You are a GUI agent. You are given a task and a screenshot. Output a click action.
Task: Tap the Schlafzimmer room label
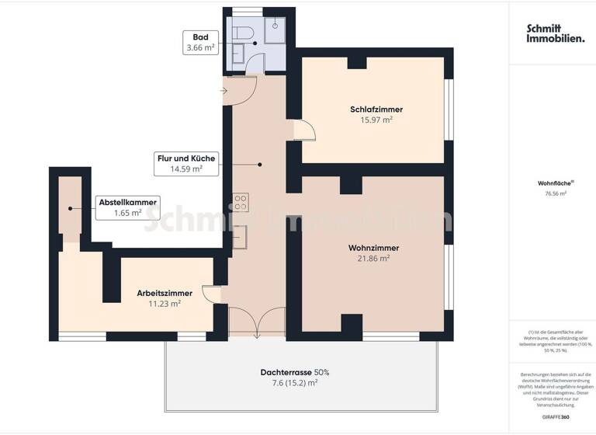point(376,110)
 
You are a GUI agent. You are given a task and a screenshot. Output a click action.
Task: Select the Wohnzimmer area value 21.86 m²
point(374,259)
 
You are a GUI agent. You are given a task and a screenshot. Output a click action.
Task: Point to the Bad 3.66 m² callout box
point(199,42)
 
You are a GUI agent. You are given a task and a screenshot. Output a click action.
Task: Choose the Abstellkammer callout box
point(127,207)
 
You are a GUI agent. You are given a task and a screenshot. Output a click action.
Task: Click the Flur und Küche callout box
point(186,162)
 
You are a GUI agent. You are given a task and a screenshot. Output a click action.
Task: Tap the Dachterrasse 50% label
point(294,372)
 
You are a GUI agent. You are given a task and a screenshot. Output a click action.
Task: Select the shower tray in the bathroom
point(275,30)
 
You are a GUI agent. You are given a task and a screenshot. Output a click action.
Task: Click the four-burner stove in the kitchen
point(241,203)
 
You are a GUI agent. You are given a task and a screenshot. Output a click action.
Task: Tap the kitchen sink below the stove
point(241,235)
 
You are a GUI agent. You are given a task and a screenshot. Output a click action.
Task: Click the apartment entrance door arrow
point(223,92)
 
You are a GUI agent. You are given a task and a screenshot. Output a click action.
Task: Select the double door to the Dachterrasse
point(258,320)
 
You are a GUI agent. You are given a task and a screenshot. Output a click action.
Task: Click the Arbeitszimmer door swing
point(211,294)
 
